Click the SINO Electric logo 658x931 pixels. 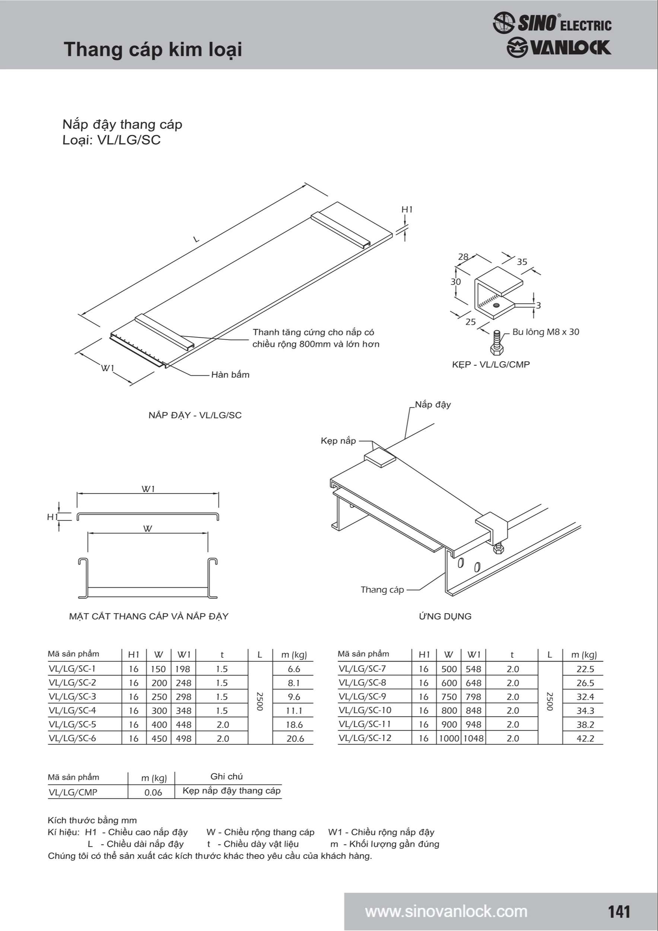click(x=552, y=23)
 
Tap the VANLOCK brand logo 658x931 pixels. click(x=559, y=48)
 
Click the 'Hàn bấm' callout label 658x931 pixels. click(x=230, y=375)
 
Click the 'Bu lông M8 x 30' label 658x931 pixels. click(x=546, y=332)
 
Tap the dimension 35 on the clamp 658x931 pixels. click(x=522, y=262)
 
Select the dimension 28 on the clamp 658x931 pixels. click(x=463, y=257)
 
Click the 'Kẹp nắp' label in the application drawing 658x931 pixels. click(x=338, y=441)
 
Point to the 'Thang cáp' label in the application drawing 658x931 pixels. click(x=382, y=590)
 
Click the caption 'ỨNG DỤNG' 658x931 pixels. click(x=445, y=616)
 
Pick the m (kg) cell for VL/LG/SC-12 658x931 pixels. click(x=585, y=738)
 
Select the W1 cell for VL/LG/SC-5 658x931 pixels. click(x=184, y=725)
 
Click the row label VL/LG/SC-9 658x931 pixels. click(x=362, y=697)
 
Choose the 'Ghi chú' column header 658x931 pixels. click(x=226, y=776)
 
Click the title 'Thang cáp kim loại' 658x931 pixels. click(x=153, y=50)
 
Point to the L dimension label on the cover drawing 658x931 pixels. click(x=196, y=239)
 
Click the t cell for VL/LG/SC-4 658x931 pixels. click(x=222, y=711)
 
